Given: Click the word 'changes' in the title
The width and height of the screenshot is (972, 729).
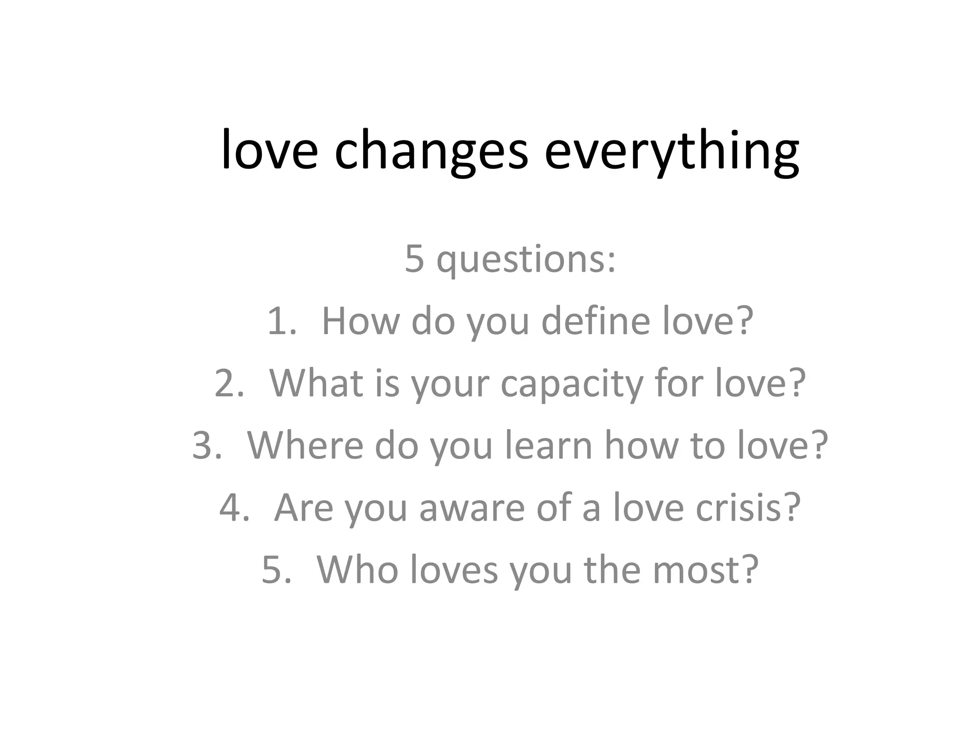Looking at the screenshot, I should tap(431, 151).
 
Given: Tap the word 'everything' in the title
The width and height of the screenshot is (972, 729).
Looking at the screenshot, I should tap(671, 151).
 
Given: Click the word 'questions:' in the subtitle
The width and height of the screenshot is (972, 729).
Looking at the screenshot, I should tap(526, 260).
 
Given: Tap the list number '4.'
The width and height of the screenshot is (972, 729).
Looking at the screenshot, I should tap(234, 507).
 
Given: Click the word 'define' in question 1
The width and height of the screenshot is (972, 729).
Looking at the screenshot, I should tap(596, 321).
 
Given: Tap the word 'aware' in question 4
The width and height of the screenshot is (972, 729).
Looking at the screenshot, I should tap(472, 507).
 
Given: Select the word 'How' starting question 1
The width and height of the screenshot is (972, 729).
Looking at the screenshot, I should tap(361, 321).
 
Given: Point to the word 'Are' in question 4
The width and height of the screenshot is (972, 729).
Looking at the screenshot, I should tap(303, 507).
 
